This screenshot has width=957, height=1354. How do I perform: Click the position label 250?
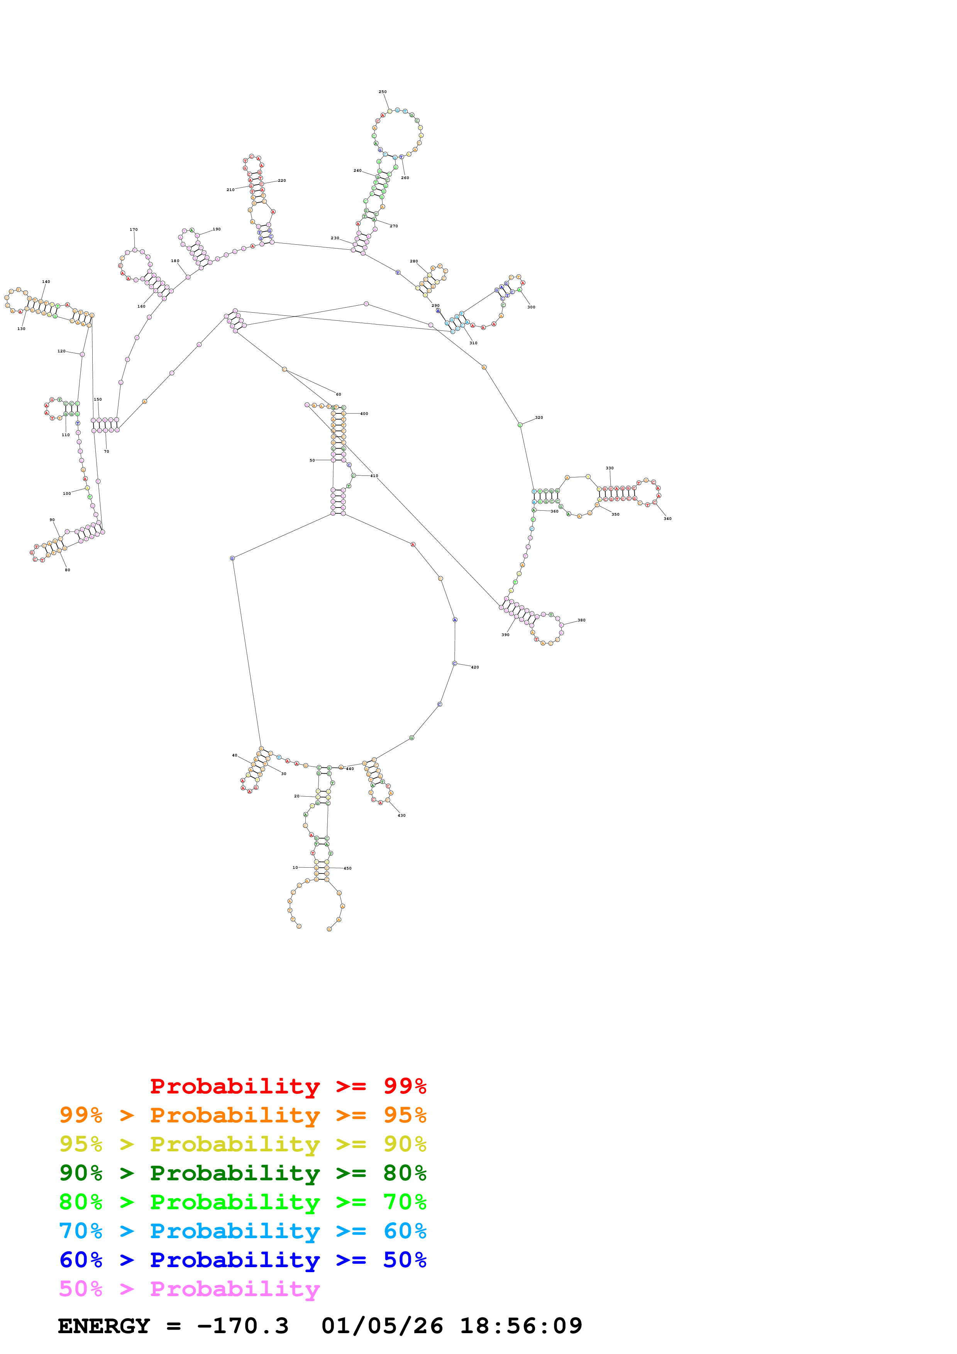tap(383, 92)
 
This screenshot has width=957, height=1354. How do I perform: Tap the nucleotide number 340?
tap(667, 519)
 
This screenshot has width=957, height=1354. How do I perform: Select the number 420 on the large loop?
tap(475, 668)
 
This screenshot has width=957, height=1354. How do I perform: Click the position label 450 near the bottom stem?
tap(347, 869)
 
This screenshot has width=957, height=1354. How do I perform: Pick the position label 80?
tap(67, 570)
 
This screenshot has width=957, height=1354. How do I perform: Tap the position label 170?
tap(134, 230)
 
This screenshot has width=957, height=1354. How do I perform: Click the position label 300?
tap(531, 307)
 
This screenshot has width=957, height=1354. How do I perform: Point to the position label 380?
tap(581, 620)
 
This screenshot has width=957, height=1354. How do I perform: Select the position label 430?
tap(401, 816)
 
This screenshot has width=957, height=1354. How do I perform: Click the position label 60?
tap(339, 394)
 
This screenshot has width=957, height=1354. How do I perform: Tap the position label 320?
tap(539, 418)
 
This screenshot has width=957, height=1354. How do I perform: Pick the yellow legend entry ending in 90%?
tap(242, 1144)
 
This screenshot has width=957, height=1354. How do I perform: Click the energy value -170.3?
tap(242, 1326)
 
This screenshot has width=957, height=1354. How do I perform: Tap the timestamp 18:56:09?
tap(521, 1326)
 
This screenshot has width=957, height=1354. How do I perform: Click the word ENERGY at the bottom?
tap(104, 1326)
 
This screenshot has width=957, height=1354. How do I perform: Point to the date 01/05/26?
tap(382, 1326)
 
